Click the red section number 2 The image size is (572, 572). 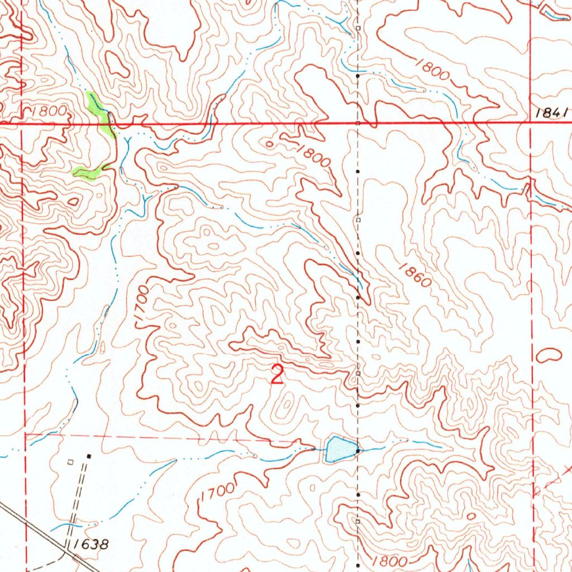coord(277,374)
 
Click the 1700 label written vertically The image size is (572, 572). coord(142,305)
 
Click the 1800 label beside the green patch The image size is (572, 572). coord(49,111)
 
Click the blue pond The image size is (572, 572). coord(339,449)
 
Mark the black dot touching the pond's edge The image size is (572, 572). coord(357,450)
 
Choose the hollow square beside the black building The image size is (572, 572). coord(70,462)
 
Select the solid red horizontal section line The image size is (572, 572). coord(279,122)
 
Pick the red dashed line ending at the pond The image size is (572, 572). coord(168,437)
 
